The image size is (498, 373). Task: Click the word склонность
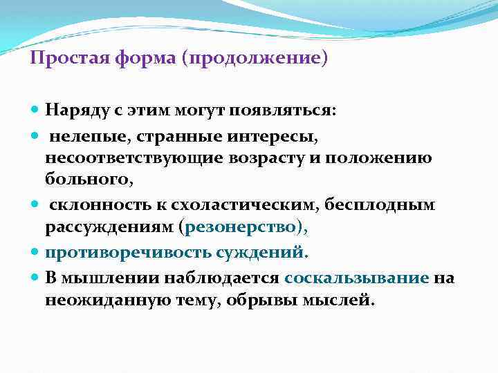coord(91,205)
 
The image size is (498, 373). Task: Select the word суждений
coord(262,252)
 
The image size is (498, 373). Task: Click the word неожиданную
coord(111,299)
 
